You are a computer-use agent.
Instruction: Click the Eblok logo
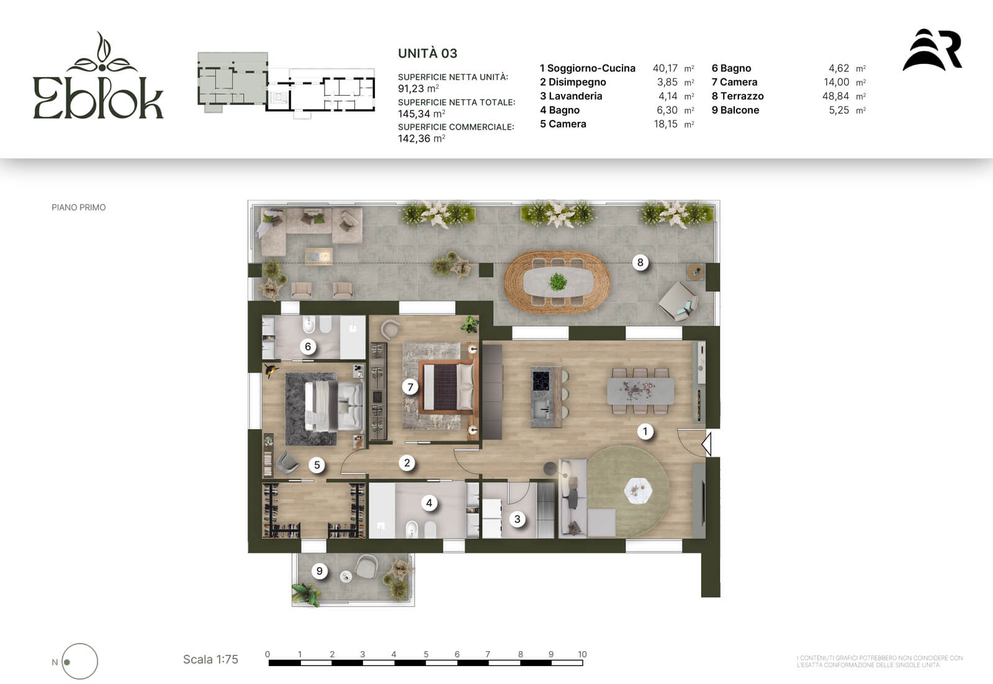pos(99,75)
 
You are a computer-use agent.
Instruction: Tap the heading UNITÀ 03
pos(428,53)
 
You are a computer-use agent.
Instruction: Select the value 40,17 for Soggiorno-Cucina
pos(665,68)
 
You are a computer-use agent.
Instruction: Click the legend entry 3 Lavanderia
pos(571,96)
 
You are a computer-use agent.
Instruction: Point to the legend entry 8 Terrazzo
pos(738,96)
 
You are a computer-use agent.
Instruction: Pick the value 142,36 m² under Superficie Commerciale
pos(421,139)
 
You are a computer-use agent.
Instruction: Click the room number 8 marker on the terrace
pos(640,262)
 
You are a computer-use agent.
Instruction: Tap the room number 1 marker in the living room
pos(645,431)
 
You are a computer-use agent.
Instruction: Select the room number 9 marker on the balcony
pos(319,572)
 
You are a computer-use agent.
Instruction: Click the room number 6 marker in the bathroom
pos(308,346)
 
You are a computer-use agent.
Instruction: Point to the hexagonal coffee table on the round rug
pos(638,490)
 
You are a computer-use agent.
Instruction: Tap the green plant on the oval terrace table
pos(558,281)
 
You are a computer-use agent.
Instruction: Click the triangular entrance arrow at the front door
pos(706,444)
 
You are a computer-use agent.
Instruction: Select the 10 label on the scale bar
pos(582,654)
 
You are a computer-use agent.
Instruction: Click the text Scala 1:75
pos(210,660)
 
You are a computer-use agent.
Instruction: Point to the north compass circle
pos(80,662)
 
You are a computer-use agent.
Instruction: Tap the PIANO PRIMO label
pos(78,207)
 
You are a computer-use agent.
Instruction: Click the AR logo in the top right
pos(932,50)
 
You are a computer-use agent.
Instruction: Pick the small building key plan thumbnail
pos(286,84)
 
